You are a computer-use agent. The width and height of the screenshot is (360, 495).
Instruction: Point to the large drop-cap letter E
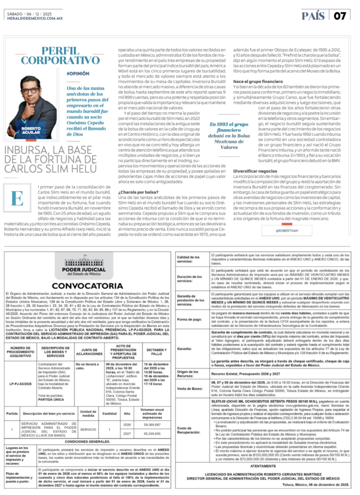click(17, 197)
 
